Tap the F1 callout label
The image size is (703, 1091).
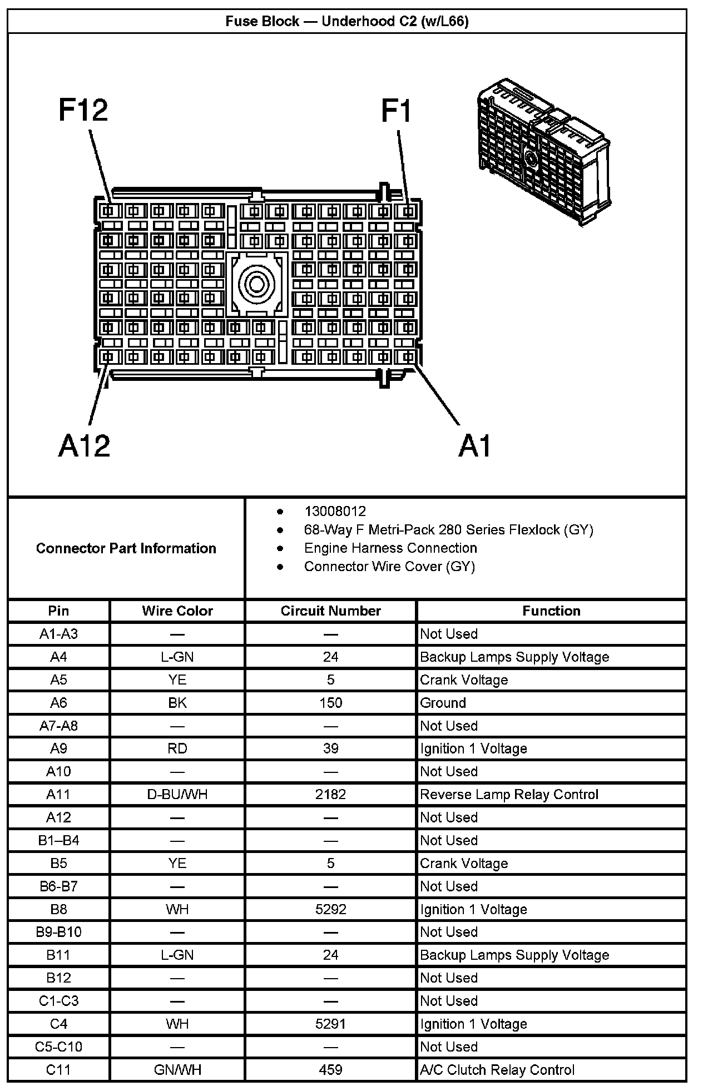(396, 110)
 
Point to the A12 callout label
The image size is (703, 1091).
(84, 445)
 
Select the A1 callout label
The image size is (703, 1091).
(475, 446)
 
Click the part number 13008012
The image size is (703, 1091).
(335, 511)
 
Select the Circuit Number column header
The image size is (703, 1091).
(330, 611)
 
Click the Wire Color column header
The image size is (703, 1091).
(177, 611)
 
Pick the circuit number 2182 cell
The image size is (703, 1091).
(330, 794)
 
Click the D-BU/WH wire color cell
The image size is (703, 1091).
(177, 794)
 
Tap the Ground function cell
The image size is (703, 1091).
(443, 703)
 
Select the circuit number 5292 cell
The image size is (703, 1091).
(330, 909)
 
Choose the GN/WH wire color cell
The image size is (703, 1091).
(177, 1069)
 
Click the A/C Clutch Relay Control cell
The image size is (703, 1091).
(497, 1069)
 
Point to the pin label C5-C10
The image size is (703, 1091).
(58, 1047)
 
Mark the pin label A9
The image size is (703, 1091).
(58, 748)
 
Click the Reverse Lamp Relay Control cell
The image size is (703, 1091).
(509, 794)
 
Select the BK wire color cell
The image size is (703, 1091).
(177, 703)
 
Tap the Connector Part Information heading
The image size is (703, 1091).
(126, 548)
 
